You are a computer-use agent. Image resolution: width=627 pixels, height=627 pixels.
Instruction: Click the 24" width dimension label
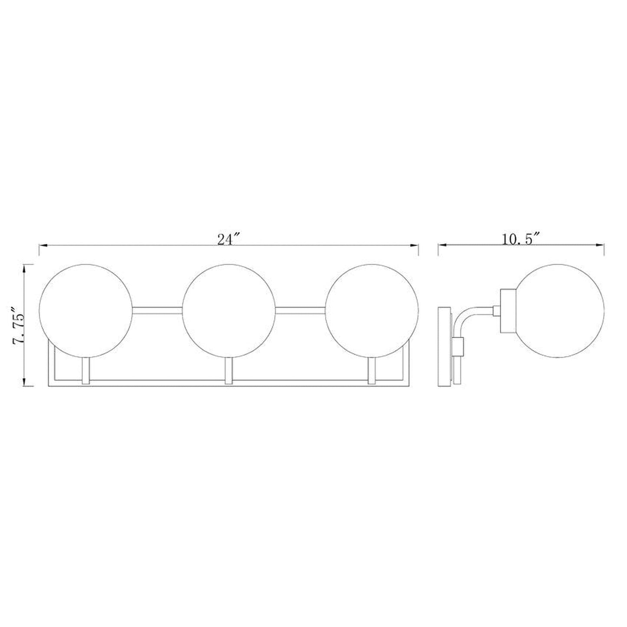[x=229, y=240]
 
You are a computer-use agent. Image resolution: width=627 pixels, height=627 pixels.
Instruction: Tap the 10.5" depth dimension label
[x=520, y=239]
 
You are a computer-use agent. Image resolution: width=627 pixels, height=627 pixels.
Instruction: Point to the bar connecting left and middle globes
[x=157, y=310]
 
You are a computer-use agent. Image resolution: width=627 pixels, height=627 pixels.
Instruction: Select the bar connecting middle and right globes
[x=301, y=310]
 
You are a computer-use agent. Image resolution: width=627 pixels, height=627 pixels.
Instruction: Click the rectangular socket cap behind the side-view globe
[x=508, y=311]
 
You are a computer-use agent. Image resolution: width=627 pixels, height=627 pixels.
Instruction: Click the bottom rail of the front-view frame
[x=229, y=383]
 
